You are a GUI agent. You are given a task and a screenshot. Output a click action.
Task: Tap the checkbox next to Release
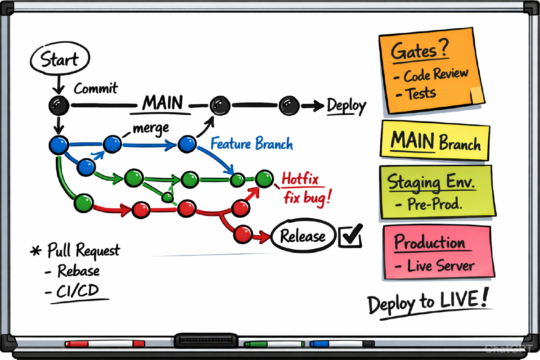351,235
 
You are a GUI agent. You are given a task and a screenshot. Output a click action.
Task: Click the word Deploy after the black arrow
346,106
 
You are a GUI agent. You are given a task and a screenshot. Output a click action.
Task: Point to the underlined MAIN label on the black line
163,103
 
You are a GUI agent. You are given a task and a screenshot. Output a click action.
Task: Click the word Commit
96,88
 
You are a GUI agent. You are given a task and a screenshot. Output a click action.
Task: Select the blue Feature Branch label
252,144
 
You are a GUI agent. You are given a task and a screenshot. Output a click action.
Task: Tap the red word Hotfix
300,180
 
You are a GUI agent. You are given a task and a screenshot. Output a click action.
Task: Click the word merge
151,128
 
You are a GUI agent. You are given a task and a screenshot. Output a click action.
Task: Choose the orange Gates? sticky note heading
419,51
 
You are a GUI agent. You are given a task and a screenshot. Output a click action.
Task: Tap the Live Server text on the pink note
441,265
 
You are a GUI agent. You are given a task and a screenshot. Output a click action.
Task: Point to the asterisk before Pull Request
36,251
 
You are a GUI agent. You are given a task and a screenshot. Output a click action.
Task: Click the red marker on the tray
104,344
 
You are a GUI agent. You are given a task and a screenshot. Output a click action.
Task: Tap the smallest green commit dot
167,197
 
